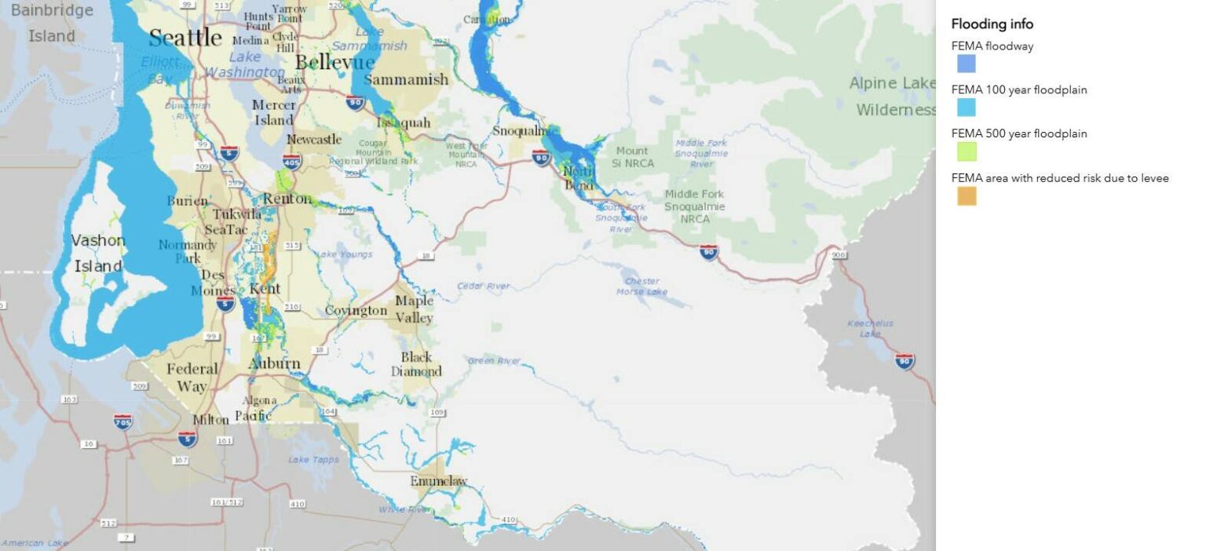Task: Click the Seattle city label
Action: click(185, 38)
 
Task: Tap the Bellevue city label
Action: click(334, 63)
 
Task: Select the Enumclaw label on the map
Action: click(438, 481)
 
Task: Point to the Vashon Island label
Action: click(98, 253)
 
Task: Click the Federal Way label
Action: click(192, 377)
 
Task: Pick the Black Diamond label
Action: click(416, 364)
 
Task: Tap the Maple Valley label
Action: click(414, 309)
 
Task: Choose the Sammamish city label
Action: click(406, 79)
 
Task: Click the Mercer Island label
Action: click(273, 112)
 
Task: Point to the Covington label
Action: click(356, 311)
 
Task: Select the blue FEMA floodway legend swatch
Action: click(966, 64)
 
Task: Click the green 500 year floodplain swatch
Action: click(966, 151)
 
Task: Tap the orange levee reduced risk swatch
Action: click(966, 196)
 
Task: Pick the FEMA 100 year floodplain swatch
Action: click(966, 108)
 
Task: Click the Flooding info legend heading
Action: click(992, 24)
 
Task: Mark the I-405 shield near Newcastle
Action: click(292, 162)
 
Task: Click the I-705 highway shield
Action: click(122, 421)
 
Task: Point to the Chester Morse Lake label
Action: click(641, 286)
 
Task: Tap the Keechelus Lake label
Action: click(870, 328)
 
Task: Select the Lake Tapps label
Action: click(309, 459)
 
